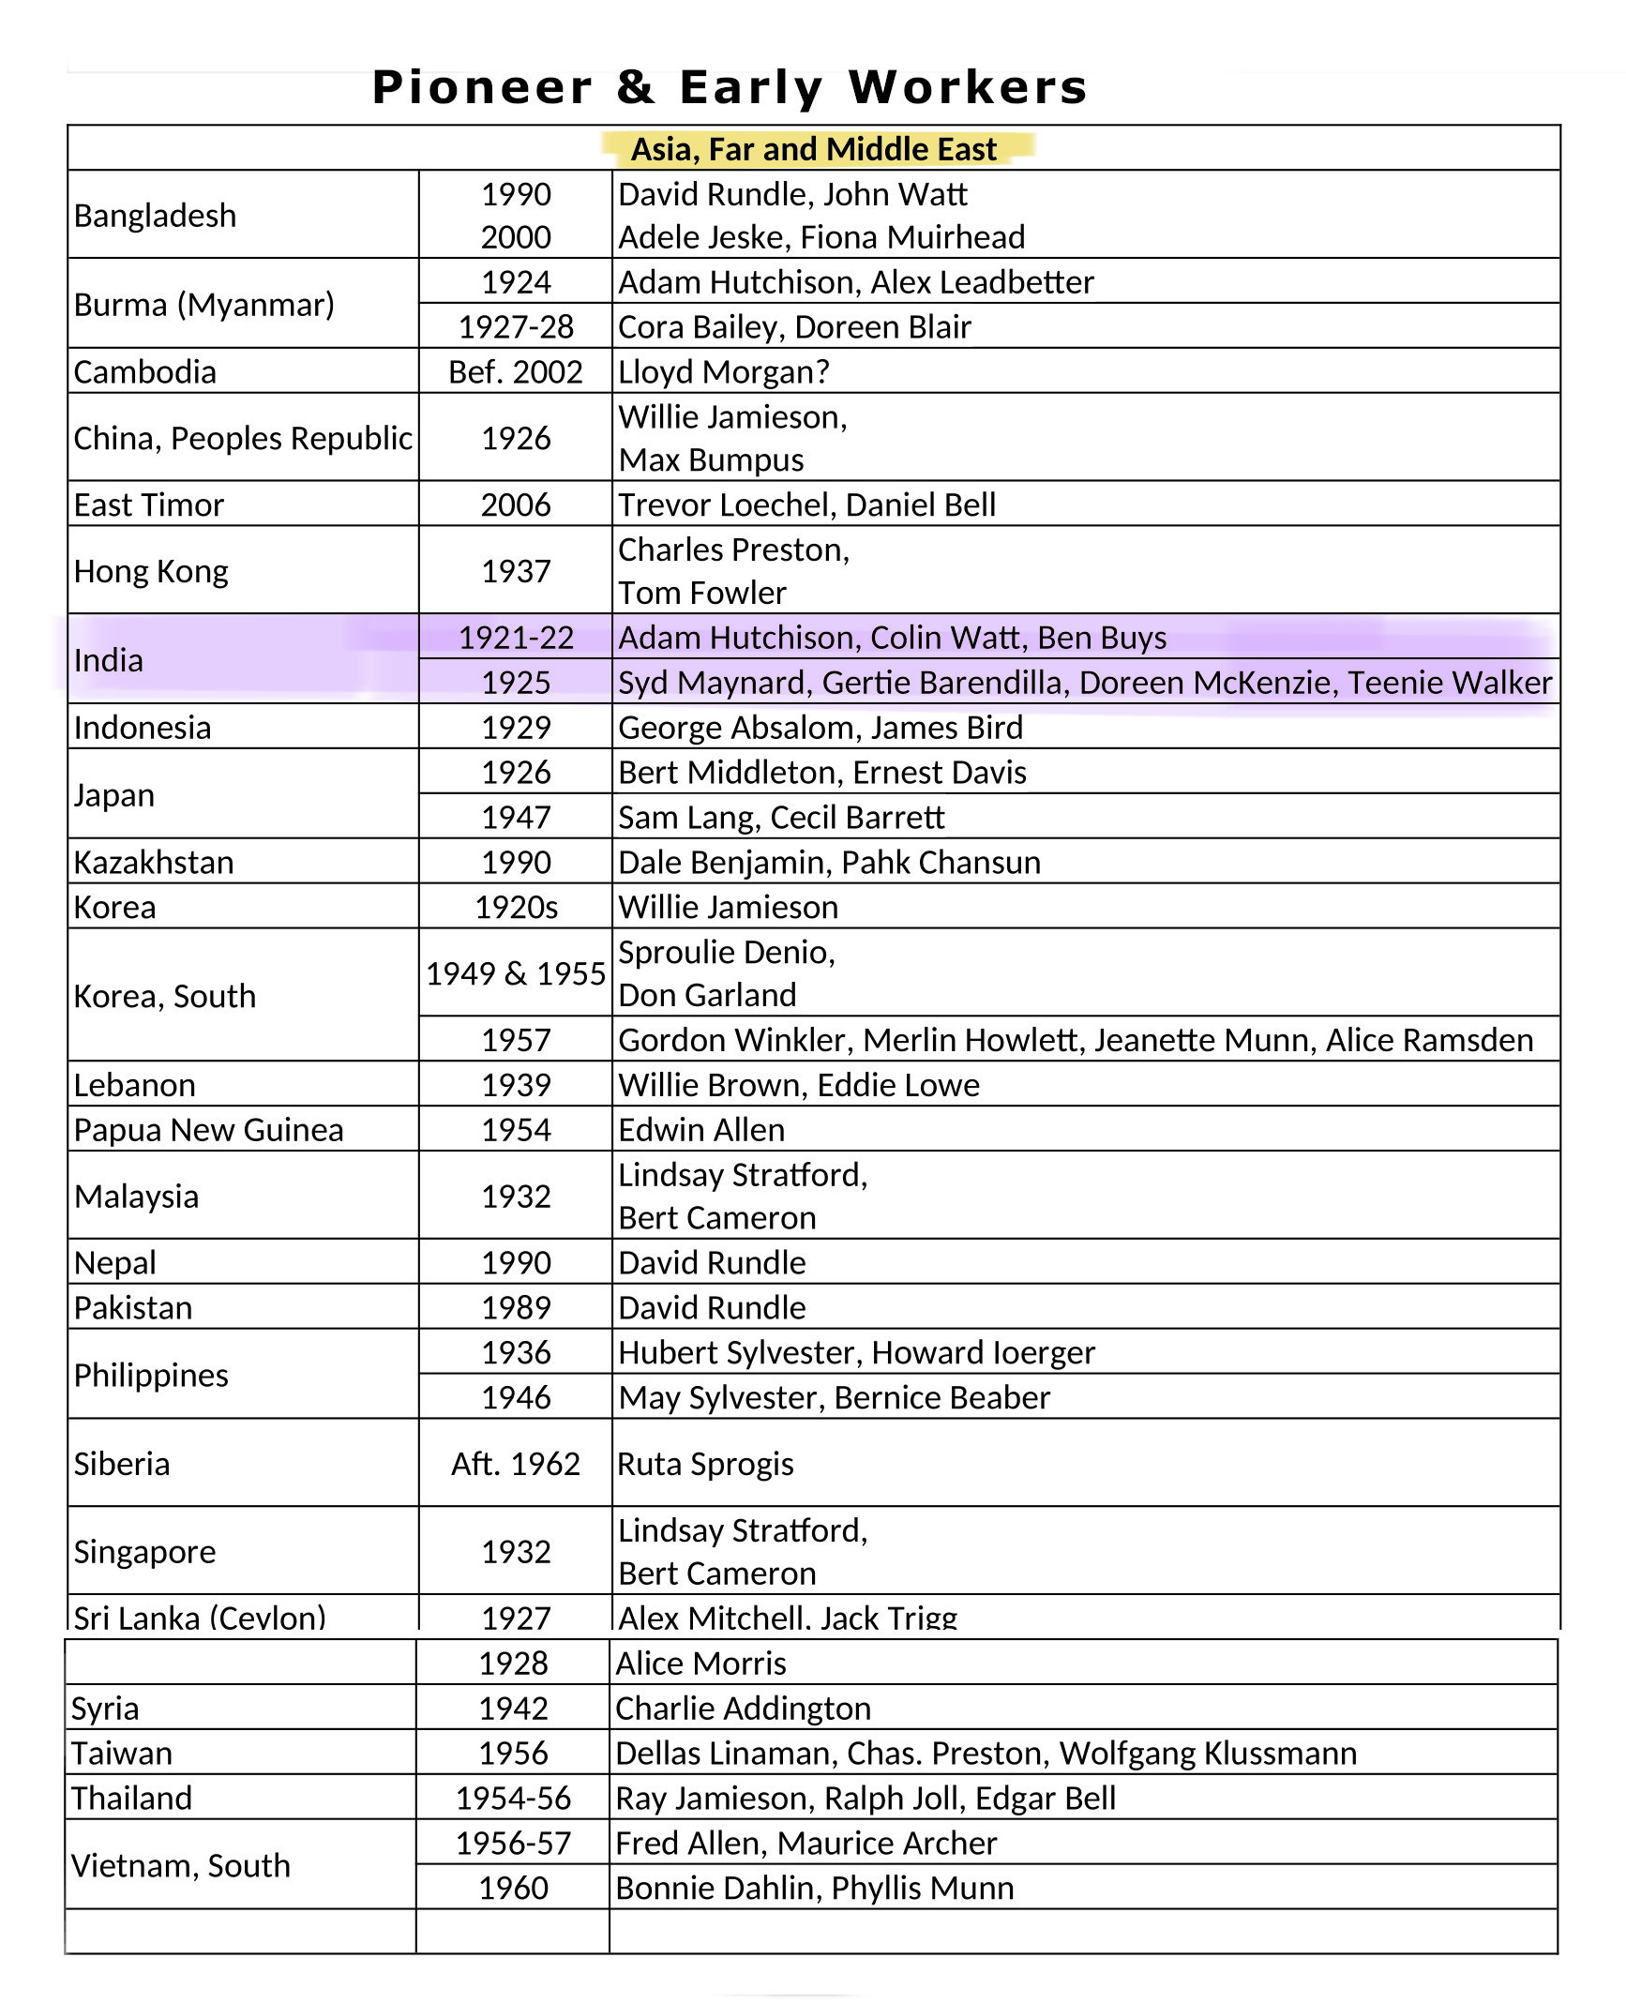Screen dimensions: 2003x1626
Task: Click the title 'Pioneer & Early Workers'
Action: (x=730, y=87)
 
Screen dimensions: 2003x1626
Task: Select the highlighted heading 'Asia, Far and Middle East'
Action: (x=813, y=149)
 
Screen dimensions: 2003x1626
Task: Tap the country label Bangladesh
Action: (x=155, y=216)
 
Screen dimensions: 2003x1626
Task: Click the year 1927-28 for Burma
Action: (x=515, y=326)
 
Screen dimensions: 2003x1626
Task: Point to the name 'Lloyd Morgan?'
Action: (x=723, y=371)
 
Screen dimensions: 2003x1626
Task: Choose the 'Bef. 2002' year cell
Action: (x=515, y=371)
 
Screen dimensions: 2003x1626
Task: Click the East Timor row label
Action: (x=149, y=505)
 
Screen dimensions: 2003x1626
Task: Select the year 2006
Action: (x=515, y=505)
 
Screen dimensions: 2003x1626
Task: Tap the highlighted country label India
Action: (x=109, y=660)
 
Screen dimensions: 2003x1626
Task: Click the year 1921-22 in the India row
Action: (x=515, y=638)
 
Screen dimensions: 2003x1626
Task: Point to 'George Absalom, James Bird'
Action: (x=821, y=728)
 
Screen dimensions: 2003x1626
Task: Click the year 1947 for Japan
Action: (x=515, y=818)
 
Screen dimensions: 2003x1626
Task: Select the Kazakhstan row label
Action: (x=154, y=863)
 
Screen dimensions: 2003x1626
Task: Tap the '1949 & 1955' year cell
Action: (x=515, y=973)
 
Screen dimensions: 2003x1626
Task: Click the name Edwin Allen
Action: (x=701, y=1130)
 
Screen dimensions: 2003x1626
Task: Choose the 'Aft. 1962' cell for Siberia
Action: (x=515, y=1464)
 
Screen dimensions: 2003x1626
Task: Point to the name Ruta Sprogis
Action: (x=705, y=1464)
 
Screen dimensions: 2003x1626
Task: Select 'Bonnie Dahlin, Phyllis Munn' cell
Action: (x=814, y=1888)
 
